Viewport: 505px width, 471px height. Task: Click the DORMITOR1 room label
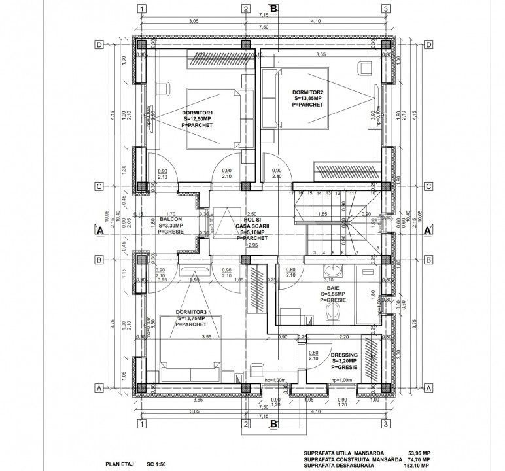coord(197,113)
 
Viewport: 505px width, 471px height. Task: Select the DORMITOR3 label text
coord(190,311)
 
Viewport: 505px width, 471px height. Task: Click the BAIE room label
coord(334,287)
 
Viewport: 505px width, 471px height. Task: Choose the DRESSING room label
coord(344,353)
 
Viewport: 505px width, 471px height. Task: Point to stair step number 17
coord(291,194)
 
